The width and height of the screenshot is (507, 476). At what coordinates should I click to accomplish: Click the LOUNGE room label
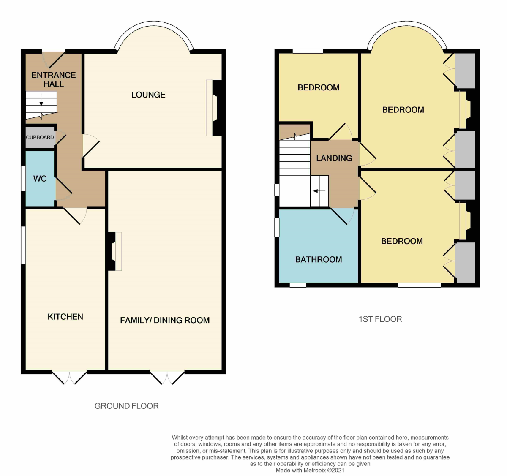148,95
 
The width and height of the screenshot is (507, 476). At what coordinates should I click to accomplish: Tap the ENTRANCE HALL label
54,79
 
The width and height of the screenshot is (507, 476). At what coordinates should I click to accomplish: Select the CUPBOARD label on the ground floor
40,137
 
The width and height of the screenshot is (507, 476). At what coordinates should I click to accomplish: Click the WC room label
40,179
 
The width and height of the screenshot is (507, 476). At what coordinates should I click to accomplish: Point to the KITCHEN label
65,317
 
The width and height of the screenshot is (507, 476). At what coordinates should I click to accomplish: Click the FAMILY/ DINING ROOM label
165,320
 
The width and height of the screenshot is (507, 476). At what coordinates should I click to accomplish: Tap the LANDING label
334,158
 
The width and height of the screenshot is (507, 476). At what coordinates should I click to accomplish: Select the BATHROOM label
319,259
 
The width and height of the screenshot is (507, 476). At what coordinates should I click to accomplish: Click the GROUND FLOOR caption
126,406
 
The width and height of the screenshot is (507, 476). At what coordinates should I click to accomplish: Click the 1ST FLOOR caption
380,319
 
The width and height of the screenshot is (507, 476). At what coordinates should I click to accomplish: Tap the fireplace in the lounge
213,108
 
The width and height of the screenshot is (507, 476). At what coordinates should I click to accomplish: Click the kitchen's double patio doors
69,377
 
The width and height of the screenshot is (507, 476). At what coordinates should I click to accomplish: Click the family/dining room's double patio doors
167,377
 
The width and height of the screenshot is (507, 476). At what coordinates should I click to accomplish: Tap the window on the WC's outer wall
24,179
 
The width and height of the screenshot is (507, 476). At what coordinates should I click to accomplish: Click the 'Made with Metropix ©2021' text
310,470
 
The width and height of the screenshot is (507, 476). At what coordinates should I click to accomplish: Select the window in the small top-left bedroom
308,51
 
